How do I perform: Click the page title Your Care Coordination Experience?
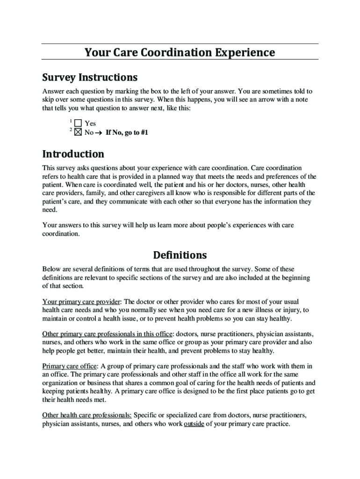point(180,52)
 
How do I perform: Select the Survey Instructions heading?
point(90,77)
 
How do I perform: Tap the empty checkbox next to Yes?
point(78,123)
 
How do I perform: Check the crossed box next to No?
point(78,132)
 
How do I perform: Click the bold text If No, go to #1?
point(127,133)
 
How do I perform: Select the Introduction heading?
point(73,154)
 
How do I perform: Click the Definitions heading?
point(180,255)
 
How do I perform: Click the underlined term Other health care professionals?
point(87,415)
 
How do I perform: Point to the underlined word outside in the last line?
point(194,424)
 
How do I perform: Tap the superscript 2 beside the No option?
point(70,130)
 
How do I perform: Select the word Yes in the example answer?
point(90,124)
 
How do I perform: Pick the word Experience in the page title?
point(245,52)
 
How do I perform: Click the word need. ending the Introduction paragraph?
point(50,210)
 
